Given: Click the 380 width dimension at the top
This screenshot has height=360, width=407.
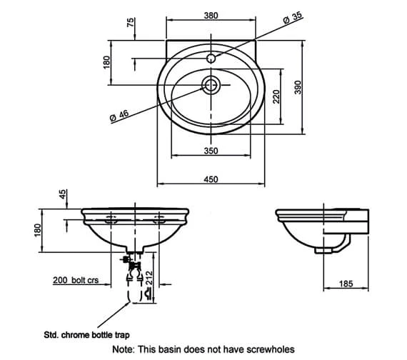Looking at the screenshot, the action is (x=211, y=16).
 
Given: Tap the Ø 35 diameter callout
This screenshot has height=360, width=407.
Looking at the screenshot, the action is (x=293, y=18).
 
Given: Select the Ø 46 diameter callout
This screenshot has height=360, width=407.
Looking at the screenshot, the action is (x=119, y=116).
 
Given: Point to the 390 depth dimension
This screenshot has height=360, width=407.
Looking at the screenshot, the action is (x=298, y=87).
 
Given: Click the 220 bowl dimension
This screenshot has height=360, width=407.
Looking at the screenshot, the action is (x=276, y=96).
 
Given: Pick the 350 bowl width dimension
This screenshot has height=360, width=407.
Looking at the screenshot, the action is (x=211, y=151).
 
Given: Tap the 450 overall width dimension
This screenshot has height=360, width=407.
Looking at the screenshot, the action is (x=211, y=179).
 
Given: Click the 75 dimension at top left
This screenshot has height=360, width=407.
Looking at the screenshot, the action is (x=131, y=22).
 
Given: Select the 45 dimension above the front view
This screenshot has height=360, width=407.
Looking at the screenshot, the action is (x=63, y=194).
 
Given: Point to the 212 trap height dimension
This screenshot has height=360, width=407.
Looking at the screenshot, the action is (x=149, y=278).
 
